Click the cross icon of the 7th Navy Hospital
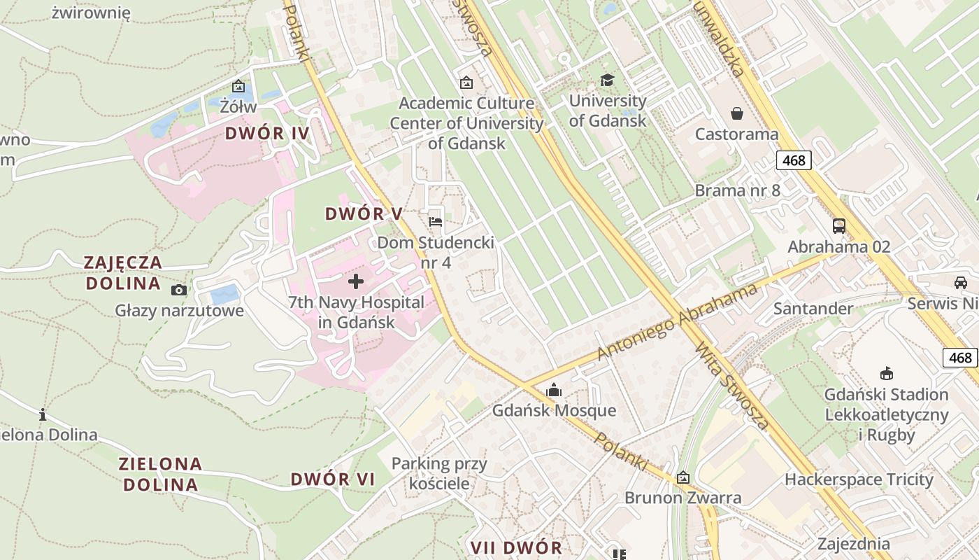pyautogui.click(x=356, y=281)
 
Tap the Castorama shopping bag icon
pyautogui.click(x=736, y=113)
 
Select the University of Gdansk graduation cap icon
pyautogui.click(x=607, y=80)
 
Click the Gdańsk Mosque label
pyautogui.click(x=554, y=410)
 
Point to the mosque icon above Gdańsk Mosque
pyautogui.click(x=554, y=390)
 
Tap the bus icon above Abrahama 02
pyautogui.click(x=838, y=226)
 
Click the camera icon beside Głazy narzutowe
pyautogui.click(x=179, y=290)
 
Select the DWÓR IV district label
pyautogui.click(x=267, y=133)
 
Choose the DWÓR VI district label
pyautogui.click(x=333, y=479)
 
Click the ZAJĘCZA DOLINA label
pyautogui.click(x=123, y=273)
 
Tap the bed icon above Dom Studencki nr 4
pyautogui.click(x=436, y=222)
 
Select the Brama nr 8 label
pyautogui.click(x=737, y=190)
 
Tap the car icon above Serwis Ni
pyautogui.click(x=960, y=283)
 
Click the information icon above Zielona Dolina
pyautogui.click(x=43, y=414)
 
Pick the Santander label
pyautogui.click(x=813, y=309)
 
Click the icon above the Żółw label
pyautogui.click(x=238, y=87)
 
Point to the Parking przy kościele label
pyautogui.click(x=439, y=473)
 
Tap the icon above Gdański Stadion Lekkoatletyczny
pyautogui.click(x=887, y=373)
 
